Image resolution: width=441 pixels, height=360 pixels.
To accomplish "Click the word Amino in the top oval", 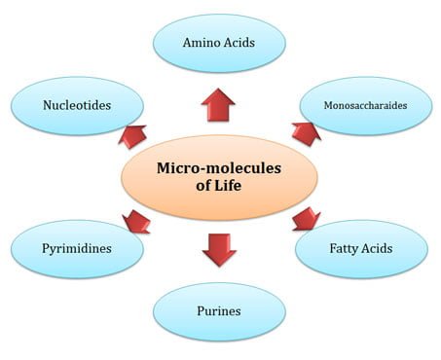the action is click(x=199, y=43).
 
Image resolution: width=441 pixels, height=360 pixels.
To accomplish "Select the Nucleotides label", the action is click(x=77, y=105).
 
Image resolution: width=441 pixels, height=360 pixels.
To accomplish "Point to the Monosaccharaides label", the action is click(x=365, y=105).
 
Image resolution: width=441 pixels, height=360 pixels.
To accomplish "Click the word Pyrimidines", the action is click(x=77, y=249).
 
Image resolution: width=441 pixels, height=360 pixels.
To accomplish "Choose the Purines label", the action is click(x=219, y=311).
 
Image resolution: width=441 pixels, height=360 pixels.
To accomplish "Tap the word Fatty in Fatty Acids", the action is click(x=344, y=249).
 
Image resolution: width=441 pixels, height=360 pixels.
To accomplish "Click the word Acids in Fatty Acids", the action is click(x=377, y=248).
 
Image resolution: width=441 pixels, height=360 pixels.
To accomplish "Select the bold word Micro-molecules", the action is click(x=219, y=168).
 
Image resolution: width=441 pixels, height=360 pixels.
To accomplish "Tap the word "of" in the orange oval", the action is click(x=202, y=186).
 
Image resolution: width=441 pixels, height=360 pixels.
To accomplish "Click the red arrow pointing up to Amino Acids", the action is click(x=218, y=105).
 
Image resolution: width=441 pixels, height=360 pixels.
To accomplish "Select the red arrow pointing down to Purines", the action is click(x=219, y=250).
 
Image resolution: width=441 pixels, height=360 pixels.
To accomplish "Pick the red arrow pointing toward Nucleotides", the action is click(x=132, y=136).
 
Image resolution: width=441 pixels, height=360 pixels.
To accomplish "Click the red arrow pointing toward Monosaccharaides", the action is click(x=306, y=134).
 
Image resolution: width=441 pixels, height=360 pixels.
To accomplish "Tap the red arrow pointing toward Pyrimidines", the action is click(x=136, y=222).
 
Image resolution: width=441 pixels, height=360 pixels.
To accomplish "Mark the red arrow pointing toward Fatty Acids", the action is click(x=307, y=219).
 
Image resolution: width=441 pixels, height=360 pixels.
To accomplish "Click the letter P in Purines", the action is click(x=201, y=310).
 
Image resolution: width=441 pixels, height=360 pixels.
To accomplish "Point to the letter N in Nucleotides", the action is click(x=48, y=105).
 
